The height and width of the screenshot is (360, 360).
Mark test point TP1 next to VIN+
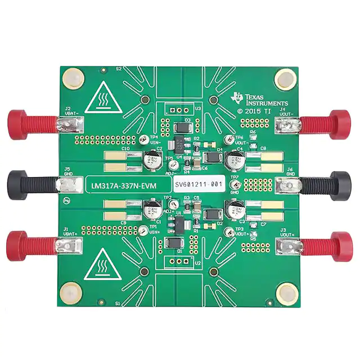tap(143, 231)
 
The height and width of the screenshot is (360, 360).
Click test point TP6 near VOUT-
tap(227, 139)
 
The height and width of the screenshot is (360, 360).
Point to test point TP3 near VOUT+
tap(228, 232)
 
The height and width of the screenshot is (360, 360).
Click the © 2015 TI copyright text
tap(254, 111)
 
